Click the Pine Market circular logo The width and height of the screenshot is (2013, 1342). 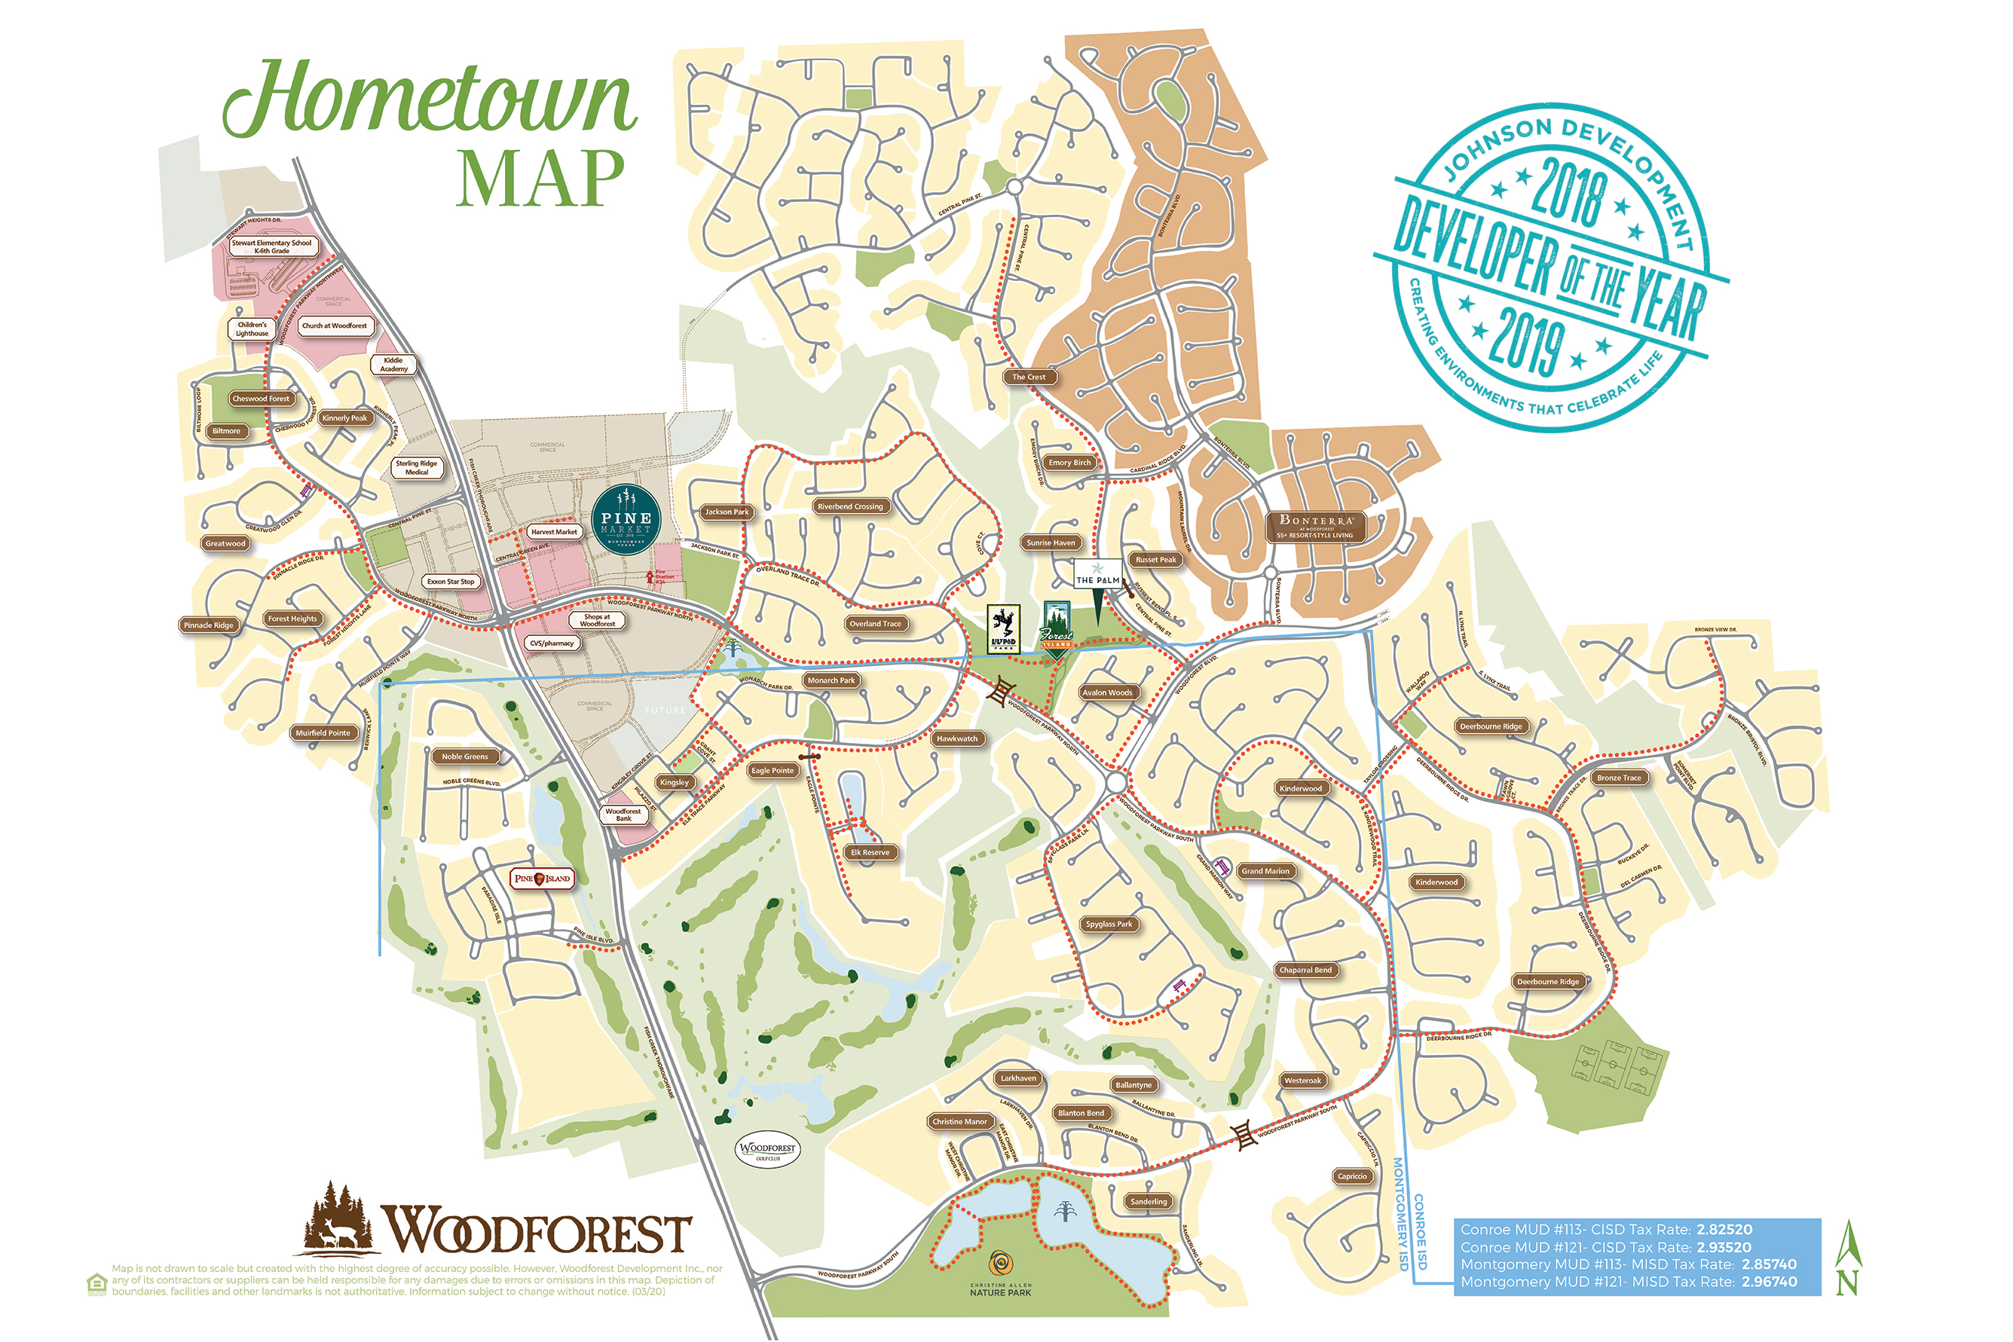pyautogui.click(x=626, y=521)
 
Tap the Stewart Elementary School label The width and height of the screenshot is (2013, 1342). pyautogui.click(x=271, y=246)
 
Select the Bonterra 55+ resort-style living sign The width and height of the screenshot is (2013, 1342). pyautogui.click(x=1315, y=527)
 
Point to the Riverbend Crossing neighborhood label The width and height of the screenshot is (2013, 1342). pyautogui.click(x=850, y=506)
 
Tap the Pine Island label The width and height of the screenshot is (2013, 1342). pyautogui.click(x=541, y=878)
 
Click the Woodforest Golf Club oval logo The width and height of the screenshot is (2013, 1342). pyautogui.click(x=768, y=1151)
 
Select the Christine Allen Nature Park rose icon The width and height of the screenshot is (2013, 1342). pyautogui.click(x=999, y=1264)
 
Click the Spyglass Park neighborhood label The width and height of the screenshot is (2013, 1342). pyautogui.click(x=1109, y=925)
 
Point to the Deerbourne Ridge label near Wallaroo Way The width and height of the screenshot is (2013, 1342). pyautogui.click(x=1491, y=726)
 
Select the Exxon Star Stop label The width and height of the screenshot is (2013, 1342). pyautogui.click(x=451, y=582)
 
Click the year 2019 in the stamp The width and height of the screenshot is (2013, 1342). pyautogui.click(x=1526, y=339)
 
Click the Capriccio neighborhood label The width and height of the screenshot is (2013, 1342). pyautogui.click(x=1352, y=1176)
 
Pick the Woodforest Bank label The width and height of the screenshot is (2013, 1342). pyautogui.click(x=623, y=815)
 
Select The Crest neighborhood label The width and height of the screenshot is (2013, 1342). pyautogui.click(x=1029, y=377)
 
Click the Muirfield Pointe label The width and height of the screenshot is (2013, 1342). pyautogui.click(x=323, y=732)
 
